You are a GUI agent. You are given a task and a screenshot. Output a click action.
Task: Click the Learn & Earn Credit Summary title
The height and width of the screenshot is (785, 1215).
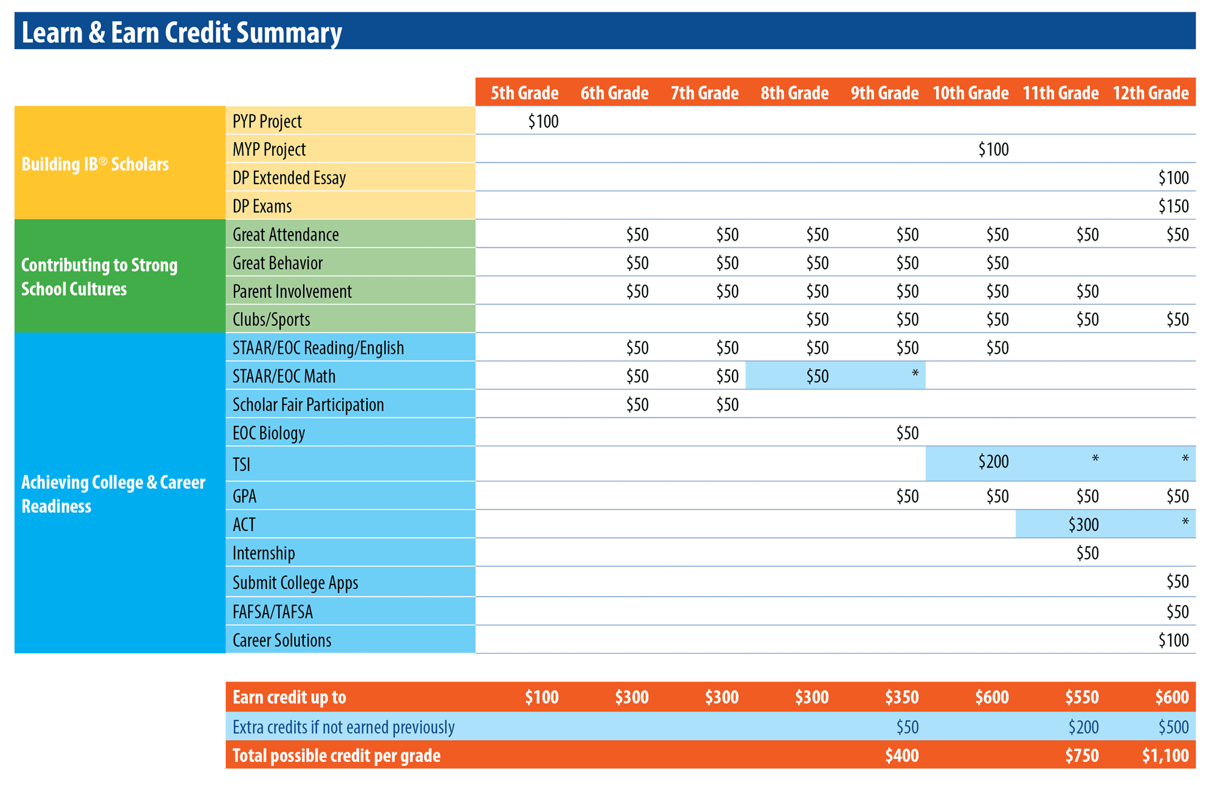click(182, 33)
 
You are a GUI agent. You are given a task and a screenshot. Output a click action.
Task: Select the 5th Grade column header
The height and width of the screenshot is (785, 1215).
click(524, 93)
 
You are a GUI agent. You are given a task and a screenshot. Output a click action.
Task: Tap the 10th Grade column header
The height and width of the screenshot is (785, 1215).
click(970, 93)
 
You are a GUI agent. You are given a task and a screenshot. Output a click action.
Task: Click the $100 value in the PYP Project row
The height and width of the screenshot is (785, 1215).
click(543, 122)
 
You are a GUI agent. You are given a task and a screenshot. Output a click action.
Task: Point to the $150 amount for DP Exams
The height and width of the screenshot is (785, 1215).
click(1173, 207)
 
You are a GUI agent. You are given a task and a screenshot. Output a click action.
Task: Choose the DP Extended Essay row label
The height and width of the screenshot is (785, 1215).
click(289, 178)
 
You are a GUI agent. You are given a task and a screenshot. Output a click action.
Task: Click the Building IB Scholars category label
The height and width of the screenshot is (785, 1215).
click(95, 164)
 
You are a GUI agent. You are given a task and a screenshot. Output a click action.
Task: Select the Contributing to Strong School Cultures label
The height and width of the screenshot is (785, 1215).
click(99, 277)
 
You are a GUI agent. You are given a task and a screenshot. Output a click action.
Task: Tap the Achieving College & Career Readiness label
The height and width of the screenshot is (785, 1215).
click(113, 494)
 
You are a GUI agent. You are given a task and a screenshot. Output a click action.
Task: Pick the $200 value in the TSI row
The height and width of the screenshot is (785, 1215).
click(993, 462)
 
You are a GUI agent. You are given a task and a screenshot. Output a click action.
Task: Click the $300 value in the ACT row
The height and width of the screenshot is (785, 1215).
click(1083, 524)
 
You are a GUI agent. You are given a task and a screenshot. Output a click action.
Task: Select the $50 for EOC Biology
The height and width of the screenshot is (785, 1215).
click(908, 433)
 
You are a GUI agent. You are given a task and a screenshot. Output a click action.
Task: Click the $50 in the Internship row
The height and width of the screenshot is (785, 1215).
click(1087, 554)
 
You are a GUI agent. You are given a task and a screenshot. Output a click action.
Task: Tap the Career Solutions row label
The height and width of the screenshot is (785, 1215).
click(282, 640)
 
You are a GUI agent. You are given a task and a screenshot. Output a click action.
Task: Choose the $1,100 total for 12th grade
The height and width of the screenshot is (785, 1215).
click(1165, 756)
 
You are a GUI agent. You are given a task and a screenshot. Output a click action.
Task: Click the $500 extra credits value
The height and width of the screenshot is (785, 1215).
click(1173, 727)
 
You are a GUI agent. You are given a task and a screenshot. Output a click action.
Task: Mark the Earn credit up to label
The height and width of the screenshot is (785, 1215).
click(289, 698)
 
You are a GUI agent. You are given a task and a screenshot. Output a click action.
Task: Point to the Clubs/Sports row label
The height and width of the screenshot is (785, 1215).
click(271, 320)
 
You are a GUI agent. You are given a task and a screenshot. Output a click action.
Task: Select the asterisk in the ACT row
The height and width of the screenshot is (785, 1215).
click(1185, 522)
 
